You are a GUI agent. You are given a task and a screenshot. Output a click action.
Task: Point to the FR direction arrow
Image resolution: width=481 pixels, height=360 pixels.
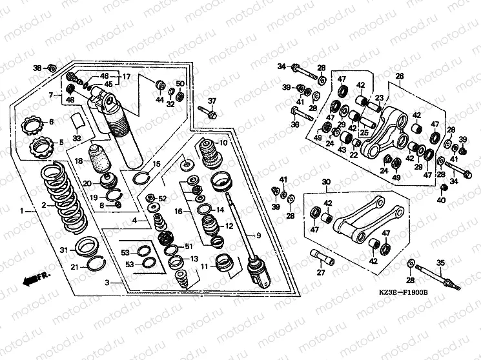pos(33,279)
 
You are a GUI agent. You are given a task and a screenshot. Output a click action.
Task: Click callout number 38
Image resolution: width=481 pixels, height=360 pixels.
pos(37,68)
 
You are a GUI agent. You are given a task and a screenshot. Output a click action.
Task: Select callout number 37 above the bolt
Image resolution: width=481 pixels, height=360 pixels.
pos(212,101)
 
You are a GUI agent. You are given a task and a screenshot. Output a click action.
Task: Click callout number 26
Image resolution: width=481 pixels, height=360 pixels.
pos(400,77)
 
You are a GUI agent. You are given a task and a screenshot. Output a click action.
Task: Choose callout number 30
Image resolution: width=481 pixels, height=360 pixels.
pos(326,182)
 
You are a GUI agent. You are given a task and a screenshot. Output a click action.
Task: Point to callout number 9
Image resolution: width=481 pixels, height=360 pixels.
pos(258,235)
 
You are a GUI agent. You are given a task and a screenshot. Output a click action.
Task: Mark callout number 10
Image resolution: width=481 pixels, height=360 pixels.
pos(224,143)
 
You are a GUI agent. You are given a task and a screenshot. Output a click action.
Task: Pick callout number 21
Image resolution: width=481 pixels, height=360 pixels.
pos(74,267)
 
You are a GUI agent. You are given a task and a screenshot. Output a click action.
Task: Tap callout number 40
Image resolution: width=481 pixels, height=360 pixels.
pos(441,201)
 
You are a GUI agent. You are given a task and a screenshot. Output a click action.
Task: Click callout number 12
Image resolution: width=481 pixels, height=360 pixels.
pos(229,226)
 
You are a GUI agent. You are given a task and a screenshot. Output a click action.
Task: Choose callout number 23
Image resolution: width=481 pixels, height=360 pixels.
pos(380,98)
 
